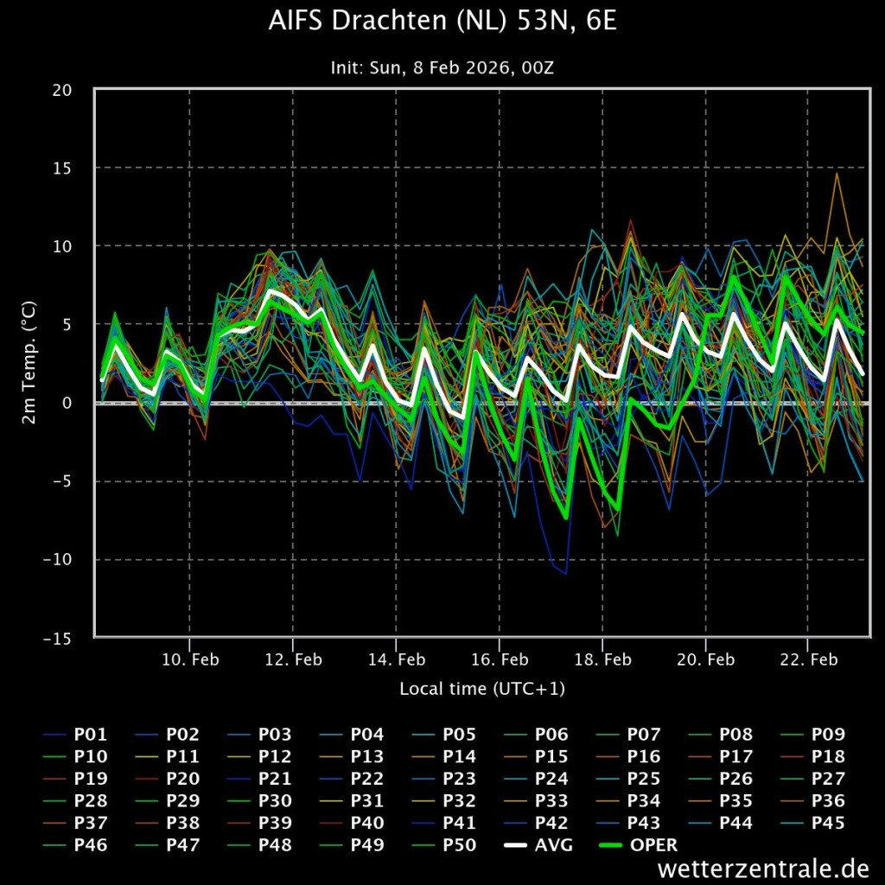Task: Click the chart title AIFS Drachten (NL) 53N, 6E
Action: pos(442,22)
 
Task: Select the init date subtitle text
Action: pos(442,67)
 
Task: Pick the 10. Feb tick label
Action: pos(190,659)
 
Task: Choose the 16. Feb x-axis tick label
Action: pos(500,659)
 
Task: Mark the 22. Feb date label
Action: pos(809,659)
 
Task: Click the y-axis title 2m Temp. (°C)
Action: pos(29,363)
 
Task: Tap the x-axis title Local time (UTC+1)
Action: pos(482,689)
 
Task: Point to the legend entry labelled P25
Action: pos(644,779)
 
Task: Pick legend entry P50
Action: pos(459,845)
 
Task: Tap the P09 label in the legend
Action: pos(828,735)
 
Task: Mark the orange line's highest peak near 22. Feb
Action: pos(836,174)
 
